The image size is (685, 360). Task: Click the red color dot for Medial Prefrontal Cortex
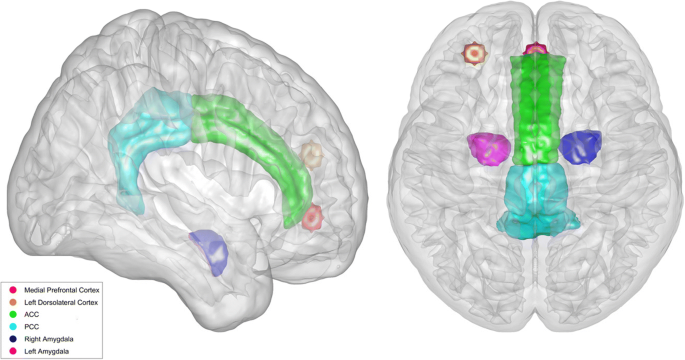click(12, 289)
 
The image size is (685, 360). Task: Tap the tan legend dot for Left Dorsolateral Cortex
click(12, 302)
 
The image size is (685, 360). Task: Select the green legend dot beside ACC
click(12, 314)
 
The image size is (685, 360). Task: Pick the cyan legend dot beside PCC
click(12, 326)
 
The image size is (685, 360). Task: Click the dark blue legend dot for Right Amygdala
click(12, 339)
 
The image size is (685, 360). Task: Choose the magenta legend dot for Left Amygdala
click(12, 351)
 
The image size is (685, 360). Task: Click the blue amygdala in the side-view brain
click(210, 250)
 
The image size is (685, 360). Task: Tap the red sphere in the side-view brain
click(313, 216)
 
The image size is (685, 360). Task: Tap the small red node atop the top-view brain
click(536, 47)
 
